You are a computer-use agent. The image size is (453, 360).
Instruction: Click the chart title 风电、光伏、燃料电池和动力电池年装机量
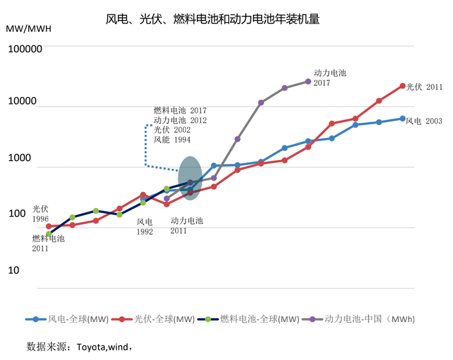click(212, 20)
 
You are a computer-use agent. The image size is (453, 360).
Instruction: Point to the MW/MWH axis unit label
click(28, 28)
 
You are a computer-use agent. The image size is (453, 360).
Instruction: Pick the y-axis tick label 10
click(13, 270)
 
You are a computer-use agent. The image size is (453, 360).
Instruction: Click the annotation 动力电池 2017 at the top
click(330, 78)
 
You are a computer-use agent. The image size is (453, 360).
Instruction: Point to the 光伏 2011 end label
click(424, 87)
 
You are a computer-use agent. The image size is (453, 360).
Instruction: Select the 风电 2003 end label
click(424, 121)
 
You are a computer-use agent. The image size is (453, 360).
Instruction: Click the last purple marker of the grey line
click(308, 81)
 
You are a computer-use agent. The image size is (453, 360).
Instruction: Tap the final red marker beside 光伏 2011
click(403, 86)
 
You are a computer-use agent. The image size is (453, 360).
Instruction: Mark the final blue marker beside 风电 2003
click(403, 119)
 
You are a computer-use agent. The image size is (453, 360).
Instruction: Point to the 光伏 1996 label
click(41, 214)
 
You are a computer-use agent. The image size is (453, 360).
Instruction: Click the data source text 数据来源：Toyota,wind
click(79, 347)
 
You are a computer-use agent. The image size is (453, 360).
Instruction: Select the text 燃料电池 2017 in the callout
click(180, 110)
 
